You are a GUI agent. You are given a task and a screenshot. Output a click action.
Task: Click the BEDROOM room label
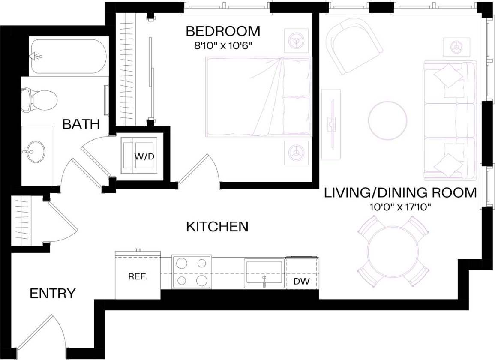click(223, 31)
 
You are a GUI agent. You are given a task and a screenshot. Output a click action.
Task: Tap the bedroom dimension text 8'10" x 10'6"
click(223, 45)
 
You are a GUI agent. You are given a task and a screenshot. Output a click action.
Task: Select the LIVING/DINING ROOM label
click(400, 193)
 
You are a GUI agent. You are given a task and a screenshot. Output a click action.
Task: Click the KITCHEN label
click(217, 226)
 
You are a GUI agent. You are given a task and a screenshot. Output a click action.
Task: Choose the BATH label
click(81, 124)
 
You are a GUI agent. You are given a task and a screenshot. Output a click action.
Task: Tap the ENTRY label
click(53, 294)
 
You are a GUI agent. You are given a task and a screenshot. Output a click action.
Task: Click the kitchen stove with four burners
click(192, 272)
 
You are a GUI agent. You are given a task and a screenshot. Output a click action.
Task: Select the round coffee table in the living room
click(388, 120)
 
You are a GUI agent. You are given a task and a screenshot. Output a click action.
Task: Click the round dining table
click(393, 251)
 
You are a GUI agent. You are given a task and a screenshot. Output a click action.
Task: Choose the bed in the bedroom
click(258, 97)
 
